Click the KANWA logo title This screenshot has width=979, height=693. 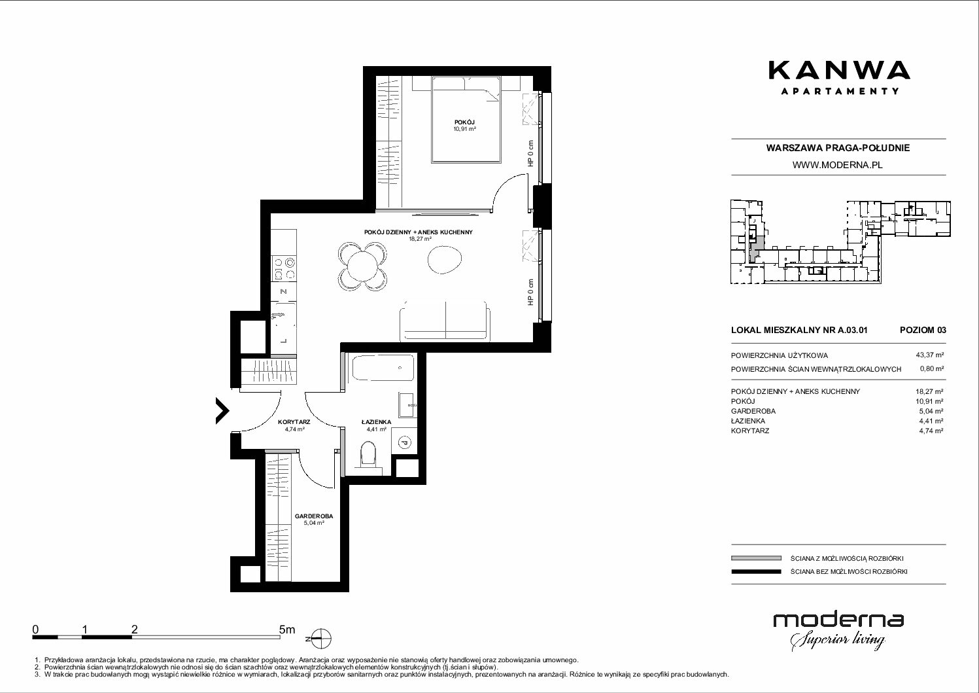pos(839,71)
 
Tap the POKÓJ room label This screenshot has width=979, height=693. pos(464,122)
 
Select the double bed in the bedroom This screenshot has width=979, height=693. pos(466,119)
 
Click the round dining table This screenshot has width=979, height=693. pos(362,267)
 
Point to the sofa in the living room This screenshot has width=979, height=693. pos(445,321)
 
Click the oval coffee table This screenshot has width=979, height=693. pos(445,260)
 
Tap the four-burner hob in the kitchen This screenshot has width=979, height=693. pos(284,269)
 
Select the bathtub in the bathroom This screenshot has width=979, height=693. pos(383,368)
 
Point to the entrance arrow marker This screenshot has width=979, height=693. pos(222,410)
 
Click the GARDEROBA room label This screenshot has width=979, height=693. pos(314,516)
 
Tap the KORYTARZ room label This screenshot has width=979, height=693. pos(294,422)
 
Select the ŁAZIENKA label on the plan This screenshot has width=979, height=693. pos(376,422)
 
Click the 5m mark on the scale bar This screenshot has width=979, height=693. pos(287,630)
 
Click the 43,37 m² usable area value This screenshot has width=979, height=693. pos(929,355)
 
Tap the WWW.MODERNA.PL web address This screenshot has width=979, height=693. pos(837,165)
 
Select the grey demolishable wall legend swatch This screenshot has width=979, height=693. pos(756,558)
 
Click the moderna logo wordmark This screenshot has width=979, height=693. pos(838,620)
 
